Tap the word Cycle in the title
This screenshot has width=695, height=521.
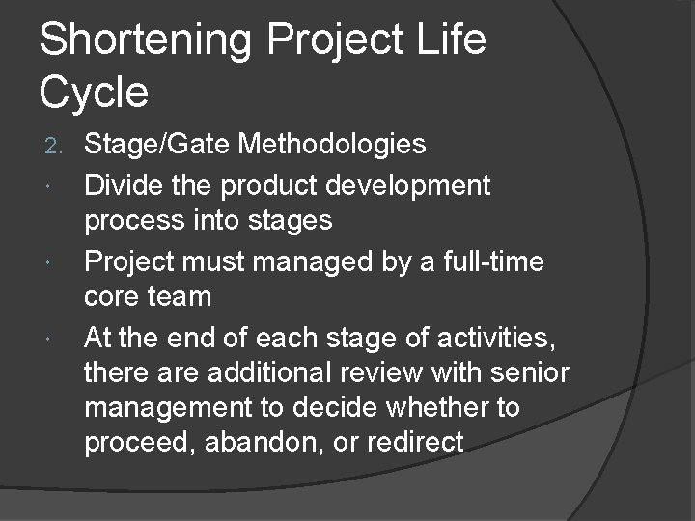pyautogui.click(x=95, y=92)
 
